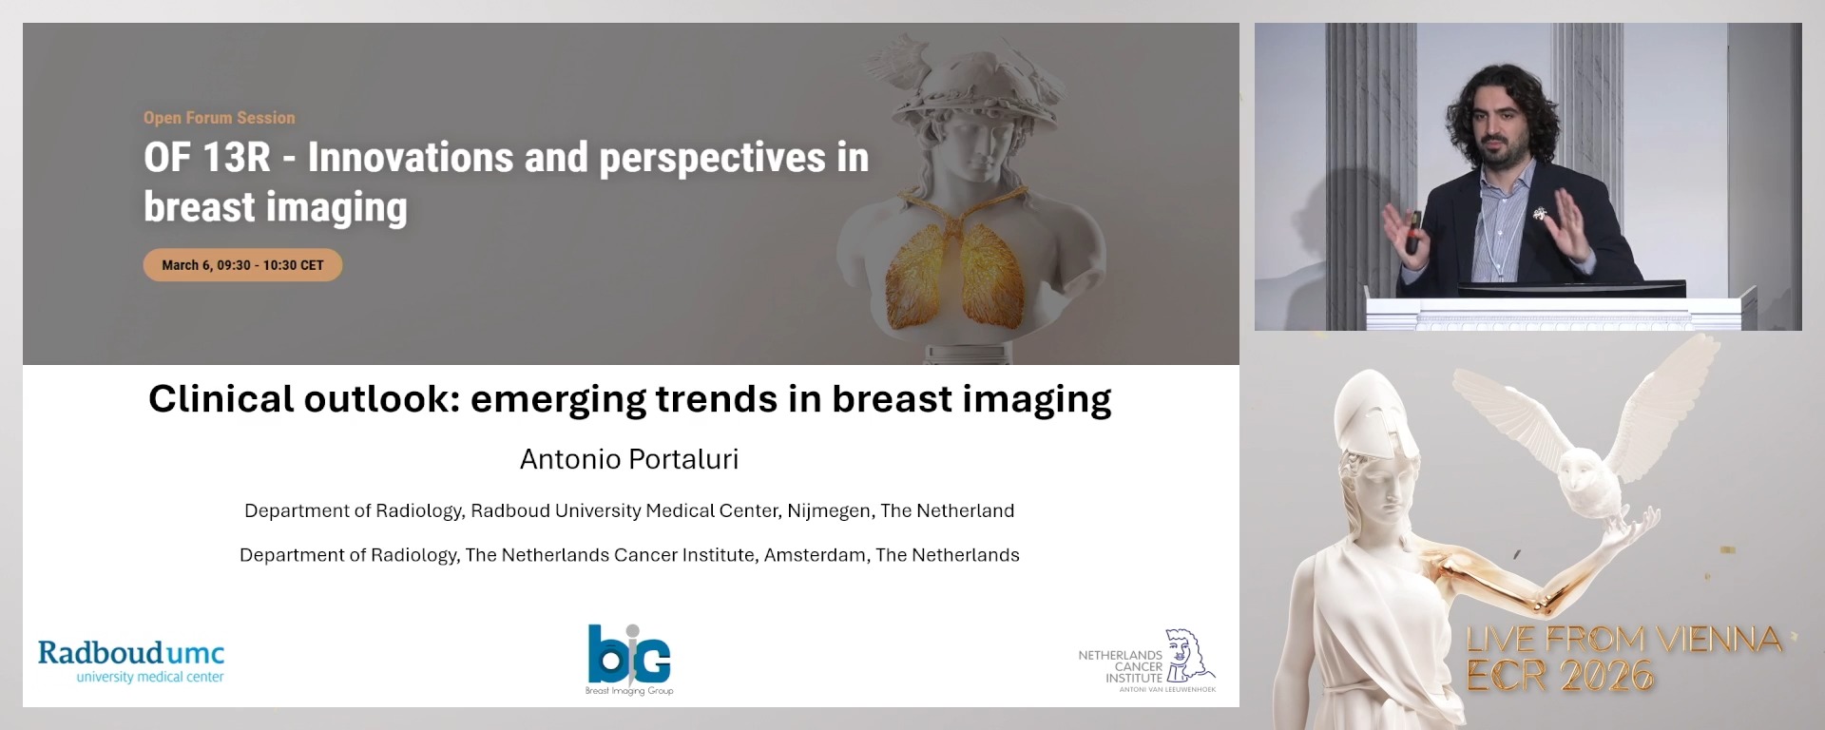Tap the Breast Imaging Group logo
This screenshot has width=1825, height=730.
[x=628, y=659]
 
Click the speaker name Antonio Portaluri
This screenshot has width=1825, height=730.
[x=628, y=459]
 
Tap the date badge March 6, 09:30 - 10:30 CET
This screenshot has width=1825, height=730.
[x=242, y=265]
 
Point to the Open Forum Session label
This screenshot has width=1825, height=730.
[x=219, y=118]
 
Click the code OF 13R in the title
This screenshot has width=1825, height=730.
[x=206, y=158]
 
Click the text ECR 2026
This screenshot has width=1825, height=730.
[x=1560, y=676]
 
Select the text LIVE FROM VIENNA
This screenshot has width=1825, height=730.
[x=1623, y=640]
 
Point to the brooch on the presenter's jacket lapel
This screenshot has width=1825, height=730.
[x=1538, y=215]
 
